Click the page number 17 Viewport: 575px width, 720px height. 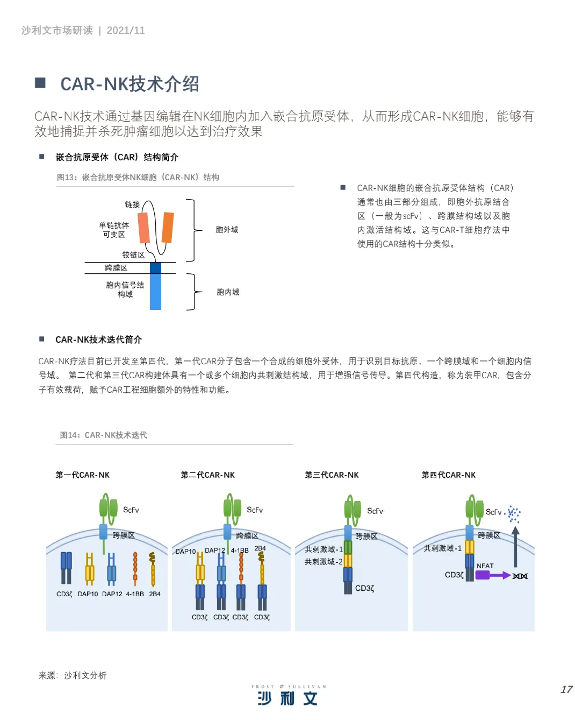(566, 689)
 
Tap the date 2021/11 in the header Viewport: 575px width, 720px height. (126, 31)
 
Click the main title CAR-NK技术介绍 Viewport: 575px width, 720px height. (130, 84)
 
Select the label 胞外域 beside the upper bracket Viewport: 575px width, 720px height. (227, 230)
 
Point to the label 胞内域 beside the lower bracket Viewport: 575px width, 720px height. (228, 292)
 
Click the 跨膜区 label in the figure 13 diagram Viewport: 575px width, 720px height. (116, 268)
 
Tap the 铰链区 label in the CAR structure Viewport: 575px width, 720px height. (133, 255)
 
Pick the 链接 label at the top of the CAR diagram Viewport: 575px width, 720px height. (132, 204)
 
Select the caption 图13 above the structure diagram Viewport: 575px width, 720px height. (138, 177)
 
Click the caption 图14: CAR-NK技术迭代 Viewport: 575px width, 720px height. (103, 435)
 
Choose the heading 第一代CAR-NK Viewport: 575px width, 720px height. (83, 475)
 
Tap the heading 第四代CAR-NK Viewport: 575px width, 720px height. (449, 475)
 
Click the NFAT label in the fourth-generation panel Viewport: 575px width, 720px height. (485, 566)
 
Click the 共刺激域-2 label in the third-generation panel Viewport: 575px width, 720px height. (324, 562)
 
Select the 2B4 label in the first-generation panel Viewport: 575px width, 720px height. (155, 594)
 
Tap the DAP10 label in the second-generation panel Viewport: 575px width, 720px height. (185, 552)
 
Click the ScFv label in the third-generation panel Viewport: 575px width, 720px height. (375, 511)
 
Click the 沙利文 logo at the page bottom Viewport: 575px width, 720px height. (287, 698)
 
